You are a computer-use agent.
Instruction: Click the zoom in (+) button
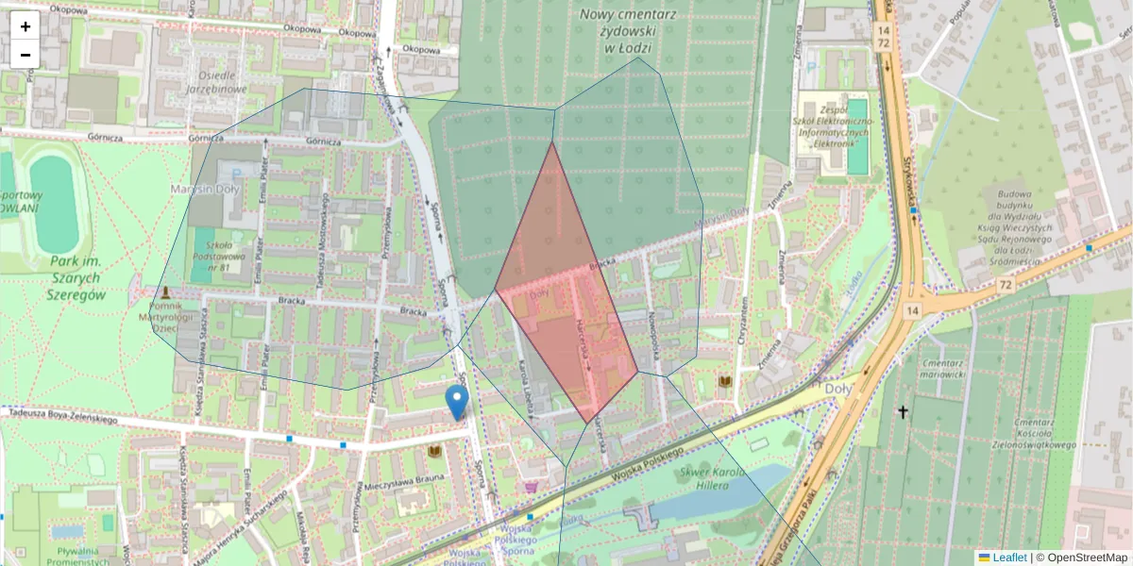25,26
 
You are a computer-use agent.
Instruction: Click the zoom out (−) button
25,54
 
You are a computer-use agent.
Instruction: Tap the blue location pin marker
457,401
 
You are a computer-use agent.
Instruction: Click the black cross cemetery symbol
903,411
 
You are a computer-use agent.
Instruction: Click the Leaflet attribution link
1008,558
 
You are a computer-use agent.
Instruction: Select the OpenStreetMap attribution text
1086,558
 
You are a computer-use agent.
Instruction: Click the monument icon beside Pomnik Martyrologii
167,294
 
